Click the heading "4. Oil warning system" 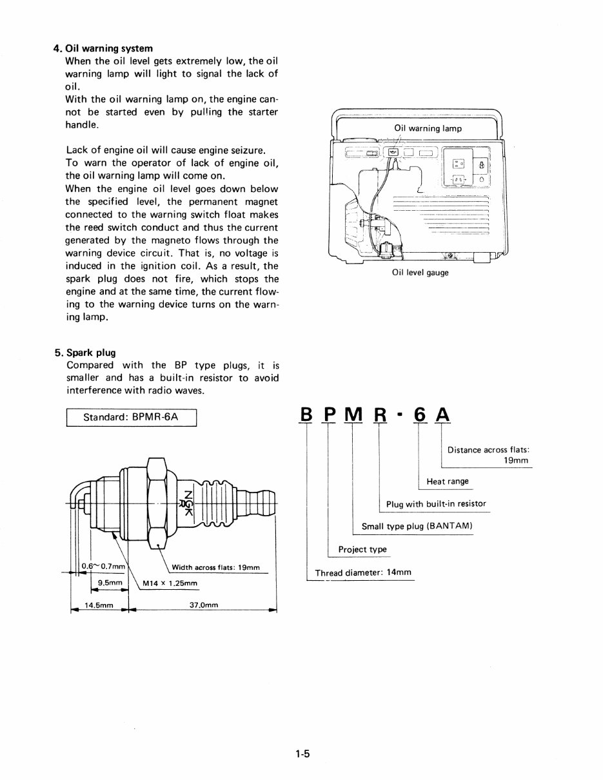[x=103, y=48]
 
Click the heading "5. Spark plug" [x=85, y=353]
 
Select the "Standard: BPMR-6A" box [x=131, y=417]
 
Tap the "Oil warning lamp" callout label [x=428, y=128]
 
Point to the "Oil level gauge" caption [x=420, y=272]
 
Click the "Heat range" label [x=448, y=482]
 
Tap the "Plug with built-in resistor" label [x=436, y=503]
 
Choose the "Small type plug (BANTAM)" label [x=417, y=526]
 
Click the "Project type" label [x=362, y=549]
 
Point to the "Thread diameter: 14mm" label [x=362, y=572]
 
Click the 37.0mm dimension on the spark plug [x=204, y=605]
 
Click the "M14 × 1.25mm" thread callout [x=170, y=583]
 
